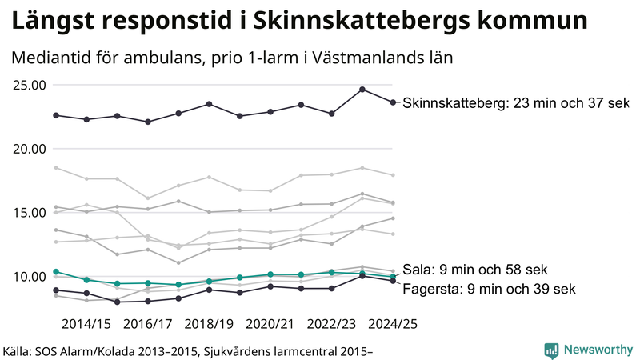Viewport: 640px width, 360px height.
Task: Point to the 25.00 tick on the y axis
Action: coord(28,85)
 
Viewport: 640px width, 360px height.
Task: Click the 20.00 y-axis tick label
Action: coord(28,149)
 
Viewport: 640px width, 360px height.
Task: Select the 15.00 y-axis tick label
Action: coord(28,213)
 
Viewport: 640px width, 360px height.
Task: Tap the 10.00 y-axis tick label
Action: coord(28,277)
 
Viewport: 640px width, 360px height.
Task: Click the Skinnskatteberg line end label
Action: coord(515,103)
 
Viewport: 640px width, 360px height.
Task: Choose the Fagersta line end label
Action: coord(488,289)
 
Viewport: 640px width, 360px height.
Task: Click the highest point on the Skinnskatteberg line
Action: coord(362,90)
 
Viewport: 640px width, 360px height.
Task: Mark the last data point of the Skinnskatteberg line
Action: coord(393,102)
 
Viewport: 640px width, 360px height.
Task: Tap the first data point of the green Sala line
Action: coord(56,272)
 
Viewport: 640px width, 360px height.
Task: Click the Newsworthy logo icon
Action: coord(551,350)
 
